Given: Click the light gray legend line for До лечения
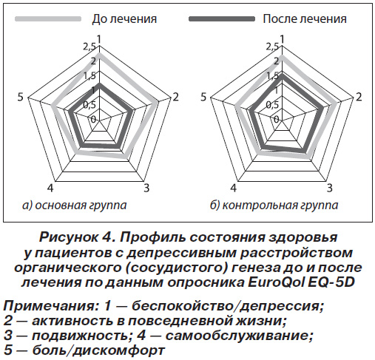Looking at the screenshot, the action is (48, 19).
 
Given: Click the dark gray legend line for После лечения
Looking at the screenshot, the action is (222, 19).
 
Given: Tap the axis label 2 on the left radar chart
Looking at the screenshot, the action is (175, 97).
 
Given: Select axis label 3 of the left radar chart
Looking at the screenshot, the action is (146, 188).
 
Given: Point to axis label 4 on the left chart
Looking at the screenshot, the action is (50, 189).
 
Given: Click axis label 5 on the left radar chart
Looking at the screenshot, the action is (20, 97).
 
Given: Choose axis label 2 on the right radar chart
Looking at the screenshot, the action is (359, 97).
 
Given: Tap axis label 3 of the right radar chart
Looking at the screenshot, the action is (330, 188).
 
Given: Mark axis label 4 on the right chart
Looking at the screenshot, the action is (234, 189).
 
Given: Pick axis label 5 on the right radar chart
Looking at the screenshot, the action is (203, 97).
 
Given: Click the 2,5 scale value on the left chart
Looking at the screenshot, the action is (89, 47).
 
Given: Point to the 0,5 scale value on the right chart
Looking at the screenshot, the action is (272, 105).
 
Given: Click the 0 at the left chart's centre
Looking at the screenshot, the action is (93, 120).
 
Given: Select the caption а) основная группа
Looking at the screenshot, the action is (74, 205).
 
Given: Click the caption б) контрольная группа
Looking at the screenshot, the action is (274, 205).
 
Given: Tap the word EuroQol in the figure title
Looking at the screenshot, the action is (276, 282).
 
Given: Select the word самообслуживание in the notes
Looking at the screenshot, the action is (239, 336).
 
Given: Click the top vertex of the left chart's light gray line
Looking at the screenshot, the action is (99, 54).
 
